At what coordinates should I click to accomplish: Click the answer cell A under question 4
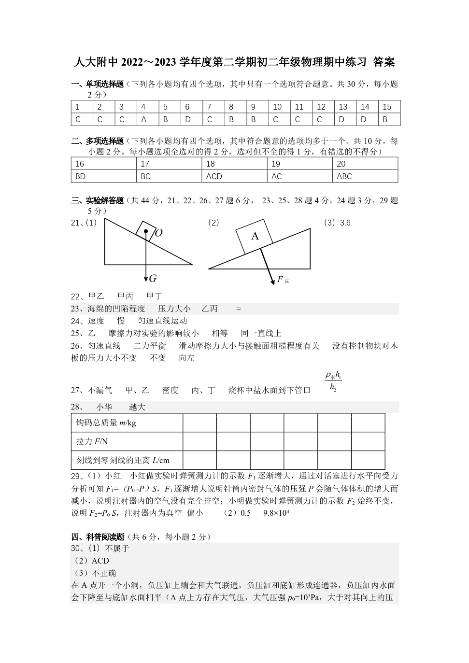pos(143,120)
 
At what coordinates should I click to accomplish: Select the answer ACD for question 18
pos(214,177)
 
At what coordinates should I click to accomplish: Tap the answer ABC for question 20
pos(344,177)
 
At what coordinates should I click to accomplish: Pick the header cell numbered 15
pos(387,107)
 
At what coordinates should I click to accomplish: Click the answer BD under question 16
pos(81,177)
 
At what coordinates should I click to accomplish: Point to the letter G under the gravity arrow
pos(153,279)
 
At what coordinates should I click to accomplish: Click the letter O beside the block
pos(158,233)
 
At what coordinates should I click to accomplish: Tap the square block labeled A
pos(255,236)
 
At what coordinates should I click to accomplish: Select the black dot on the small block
pos(146,231)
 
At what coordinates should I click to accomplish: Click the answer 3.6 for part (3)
pos(345,223)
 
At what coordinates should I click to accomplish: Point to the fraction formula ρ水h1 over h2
pos(333,381)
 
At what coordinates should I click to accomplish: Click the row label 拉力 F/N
pos(92,441)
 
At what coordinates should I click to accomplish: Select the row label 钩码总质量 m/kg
pos(106,423)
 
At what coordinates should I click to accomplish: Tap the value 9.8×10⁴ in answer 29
pos(276,513)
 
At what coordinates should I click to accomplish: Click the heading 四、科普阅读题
pos(98,537)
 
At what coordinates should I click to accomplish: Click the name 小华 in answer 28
pos(104,407)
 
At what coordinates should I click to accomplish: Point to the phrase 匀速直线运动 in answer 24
pos(162,321)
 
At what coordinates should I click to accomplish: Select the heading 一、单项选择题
pos(98,84)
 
